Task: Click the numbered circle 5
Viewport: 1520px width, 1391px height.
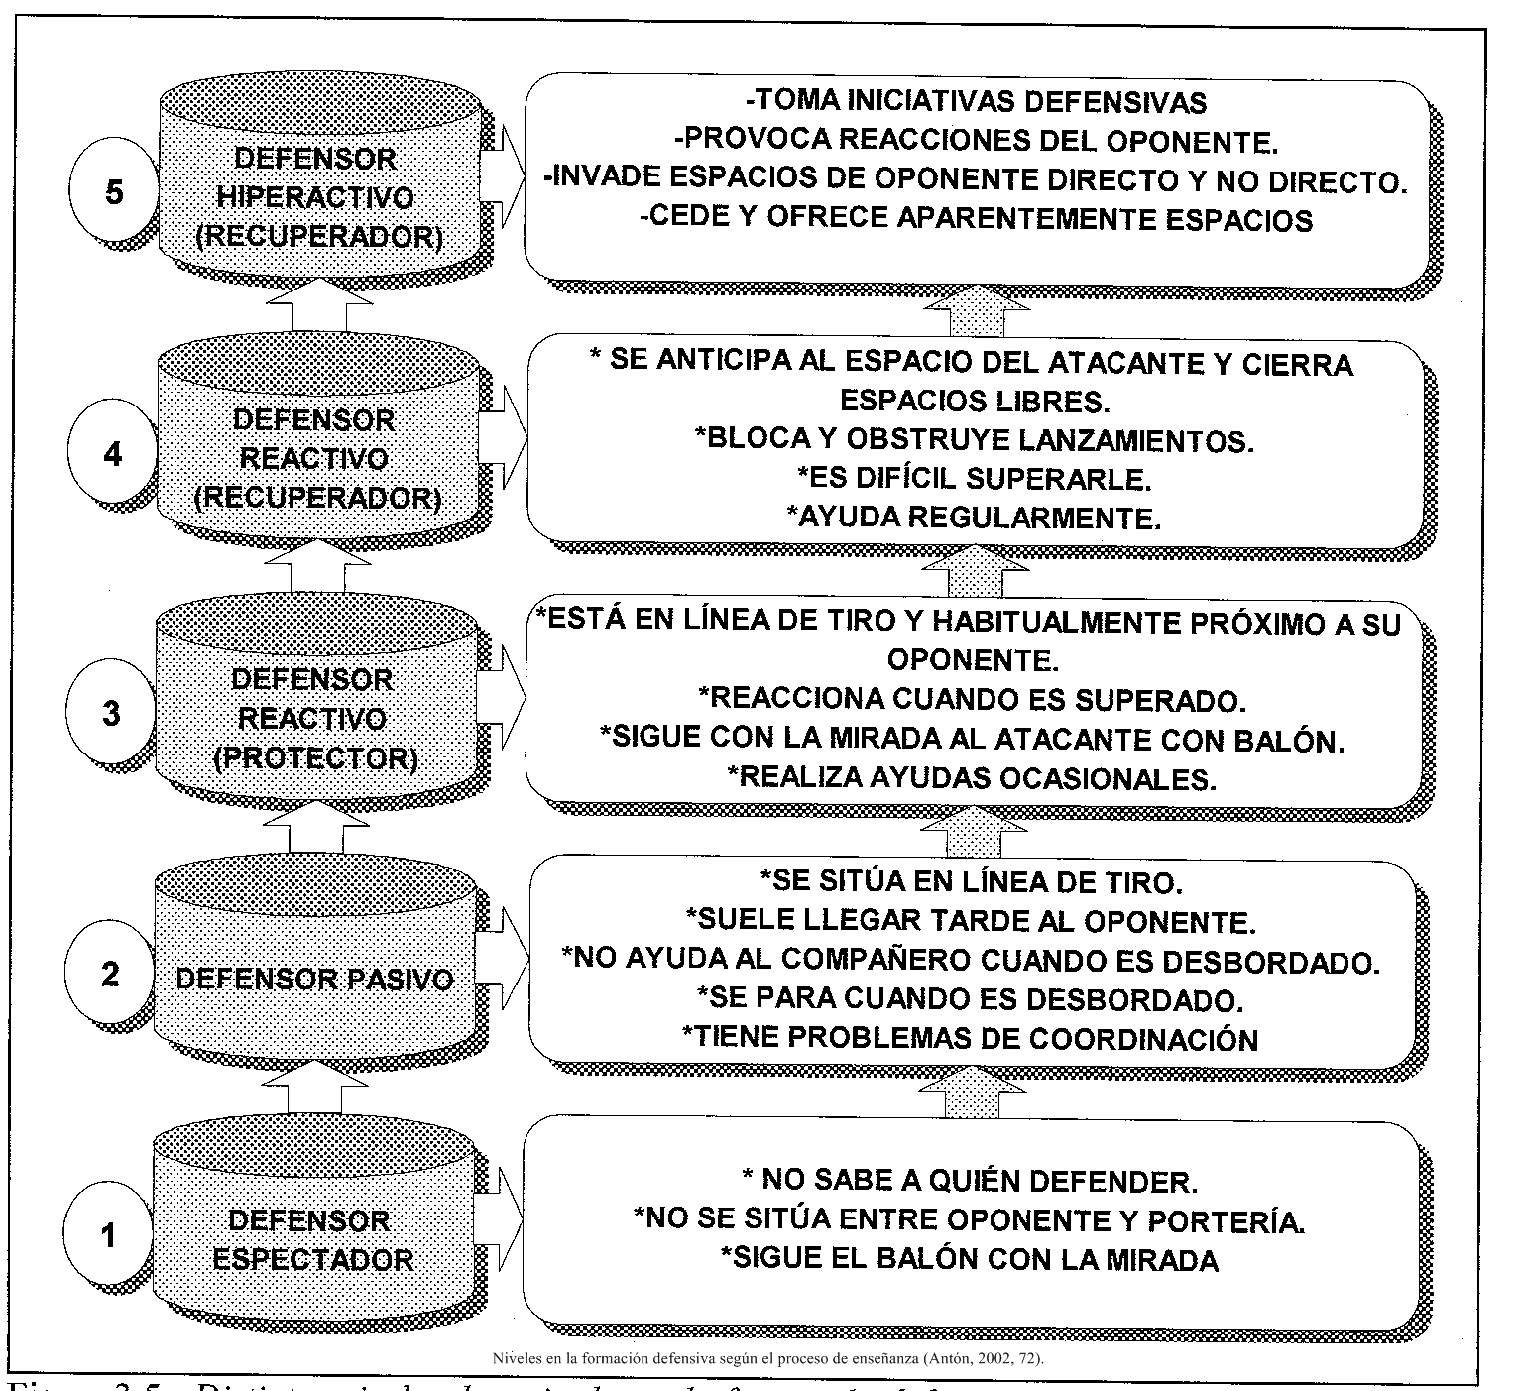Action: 115,192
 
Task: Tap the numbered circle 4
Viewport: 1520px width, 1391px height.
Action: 113,455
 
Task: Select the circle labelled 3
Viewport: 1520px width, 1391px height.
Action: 112,713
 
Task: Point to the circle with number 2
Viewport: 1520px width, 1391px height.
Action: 110,974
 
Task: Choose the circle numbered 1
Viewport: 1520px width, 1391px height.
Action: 109,1235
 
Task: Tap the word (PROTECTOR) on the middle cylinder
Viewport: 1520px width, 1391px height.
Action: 314,758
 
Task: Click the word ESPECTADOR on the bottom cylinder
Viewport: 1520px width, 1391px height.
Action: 313,1260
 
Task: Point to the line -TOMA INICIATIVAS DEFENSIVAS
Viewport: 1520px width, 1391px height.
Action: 976,102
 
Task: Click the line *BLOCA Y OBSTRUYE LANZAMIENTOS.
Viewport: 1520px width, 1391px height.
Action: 977,440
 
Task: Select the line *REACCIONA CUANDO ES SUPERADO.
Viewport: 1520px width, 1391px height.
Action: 972,700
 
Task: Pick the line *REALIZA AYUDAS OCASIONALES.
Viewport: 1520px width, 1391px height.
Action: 972,778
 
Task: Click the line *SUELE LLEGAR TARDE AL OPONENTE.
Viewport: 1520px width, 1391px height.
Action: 971,921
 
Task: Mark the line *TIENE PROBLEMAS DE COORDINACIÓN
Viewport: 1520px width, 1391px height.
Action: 971,1038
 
